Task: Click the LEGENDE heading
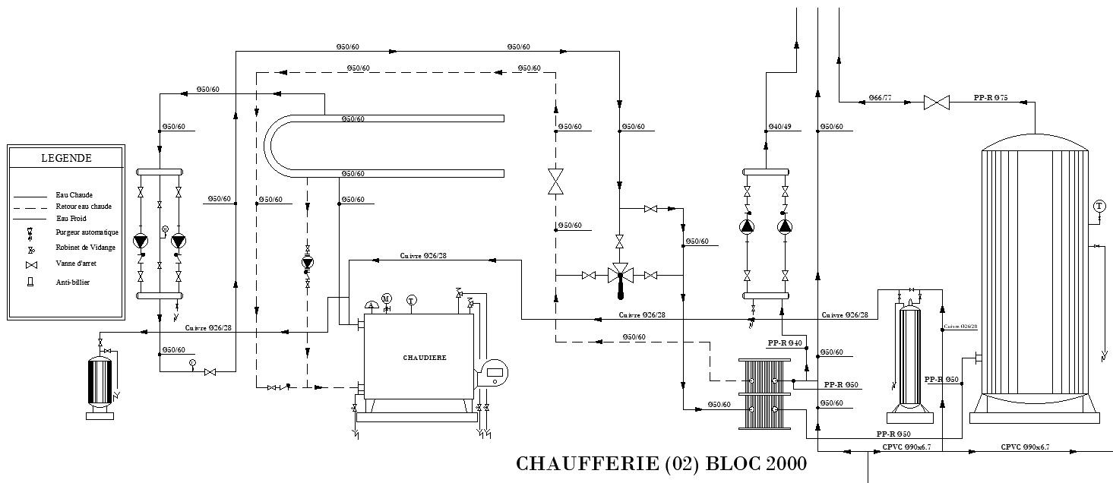pos(66,158)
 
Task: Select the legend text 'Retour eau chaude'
pos(84,207)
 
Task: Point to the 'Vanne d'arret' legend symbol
pos(31,264)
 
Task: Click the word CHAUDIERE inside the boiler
pos(425,357)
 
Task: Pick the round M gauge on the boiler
pos(386,298)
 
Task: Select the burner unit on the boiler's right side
pos(492,373)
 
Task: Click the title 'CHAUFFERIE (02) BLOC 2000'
pos(660,463)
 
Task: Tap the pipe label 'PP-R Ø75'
pos(990,98)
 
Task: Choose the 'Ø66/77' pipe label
pos(881,98)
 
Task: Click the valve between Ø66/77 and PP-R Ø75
pos(936,102)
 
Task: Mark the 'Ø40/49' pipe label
pos(780,127)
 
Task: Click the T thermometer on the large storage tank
pos(1099,206)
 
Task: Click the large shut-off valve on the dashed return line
pos(556,182)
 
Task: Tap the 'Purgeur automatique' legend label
pos(87,232)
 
